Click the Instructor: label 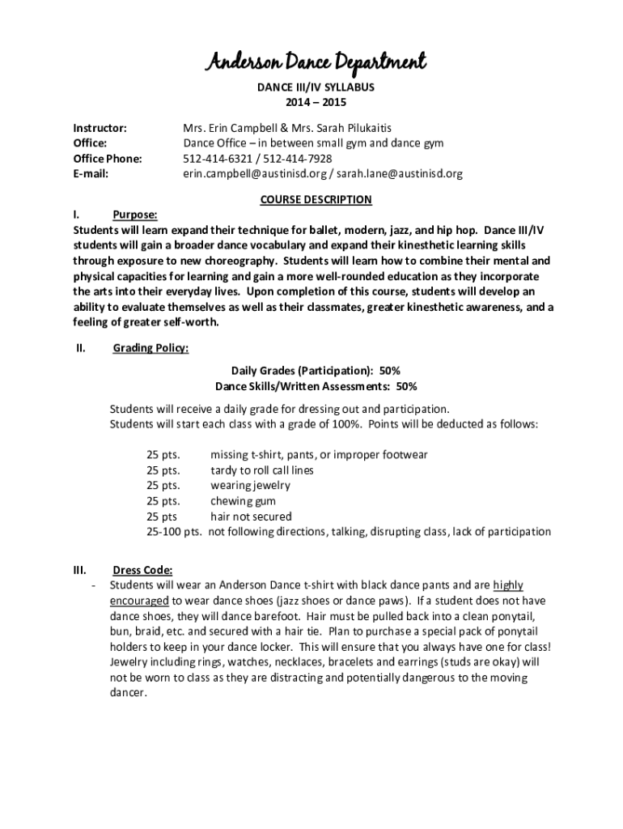point(100,128)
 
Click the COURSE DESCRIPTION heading point(316,199)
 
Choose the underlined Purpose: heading point(135,215)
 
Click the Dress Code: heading point(142,568)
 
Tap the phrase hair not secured point(251,517)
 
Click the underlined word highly point(508,585)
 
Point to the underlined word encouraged point(139,601)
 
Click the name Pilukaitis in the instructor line point(386,128)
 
